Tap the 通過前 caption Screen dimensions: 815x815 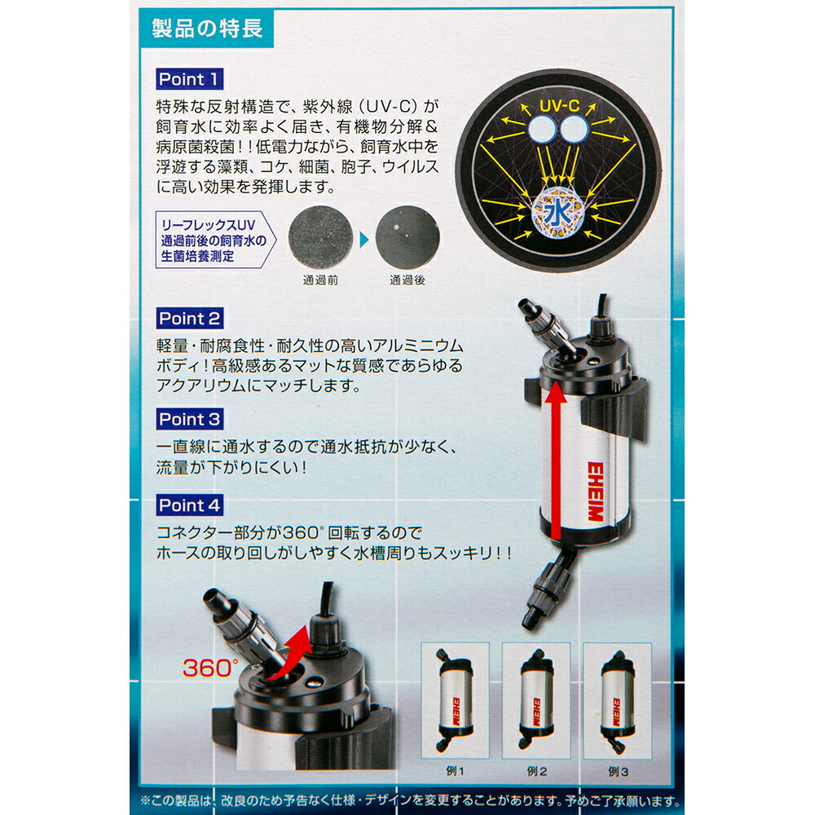click(x=319, y=280)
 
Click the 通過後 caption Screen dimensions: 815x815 click(x=407, y=280)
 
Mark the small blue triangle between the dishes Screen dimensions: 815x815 click(x=363, y=239)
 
